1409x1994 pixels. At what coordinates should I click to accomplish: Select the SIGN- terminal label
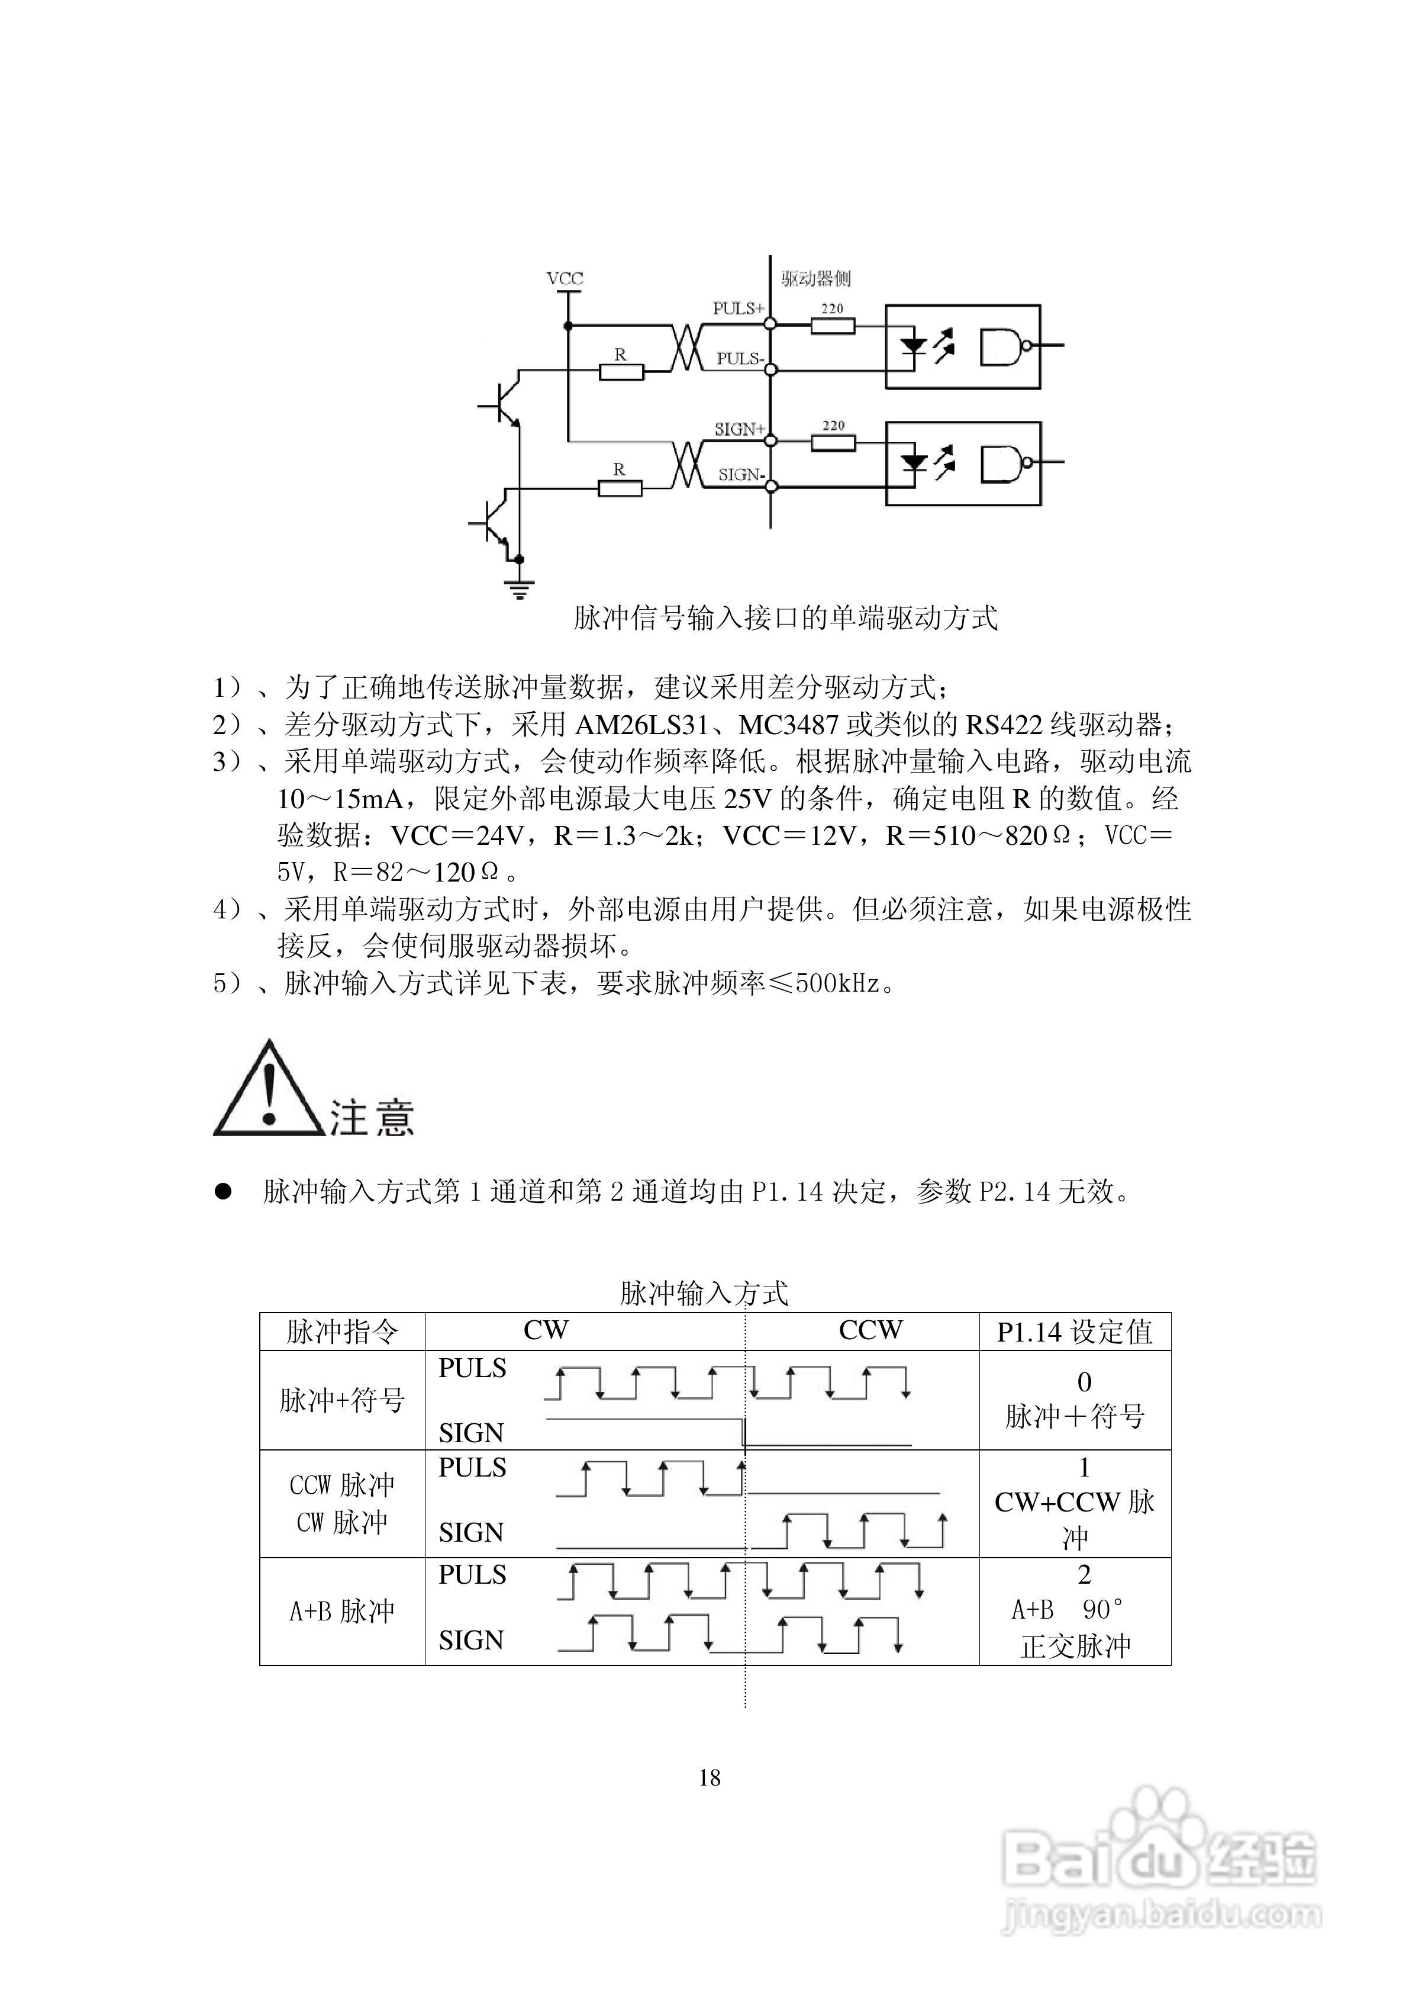740,475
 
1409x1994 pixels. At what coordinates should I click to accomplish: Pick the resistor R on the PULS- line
621,372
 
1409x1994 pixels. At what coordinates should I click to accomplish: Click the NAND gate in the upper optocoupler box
1004,346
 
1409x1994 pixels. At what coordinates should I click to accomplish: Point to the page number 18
710,1778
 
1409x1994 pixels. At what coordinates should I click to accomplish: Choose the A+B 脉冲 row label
342,1611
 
